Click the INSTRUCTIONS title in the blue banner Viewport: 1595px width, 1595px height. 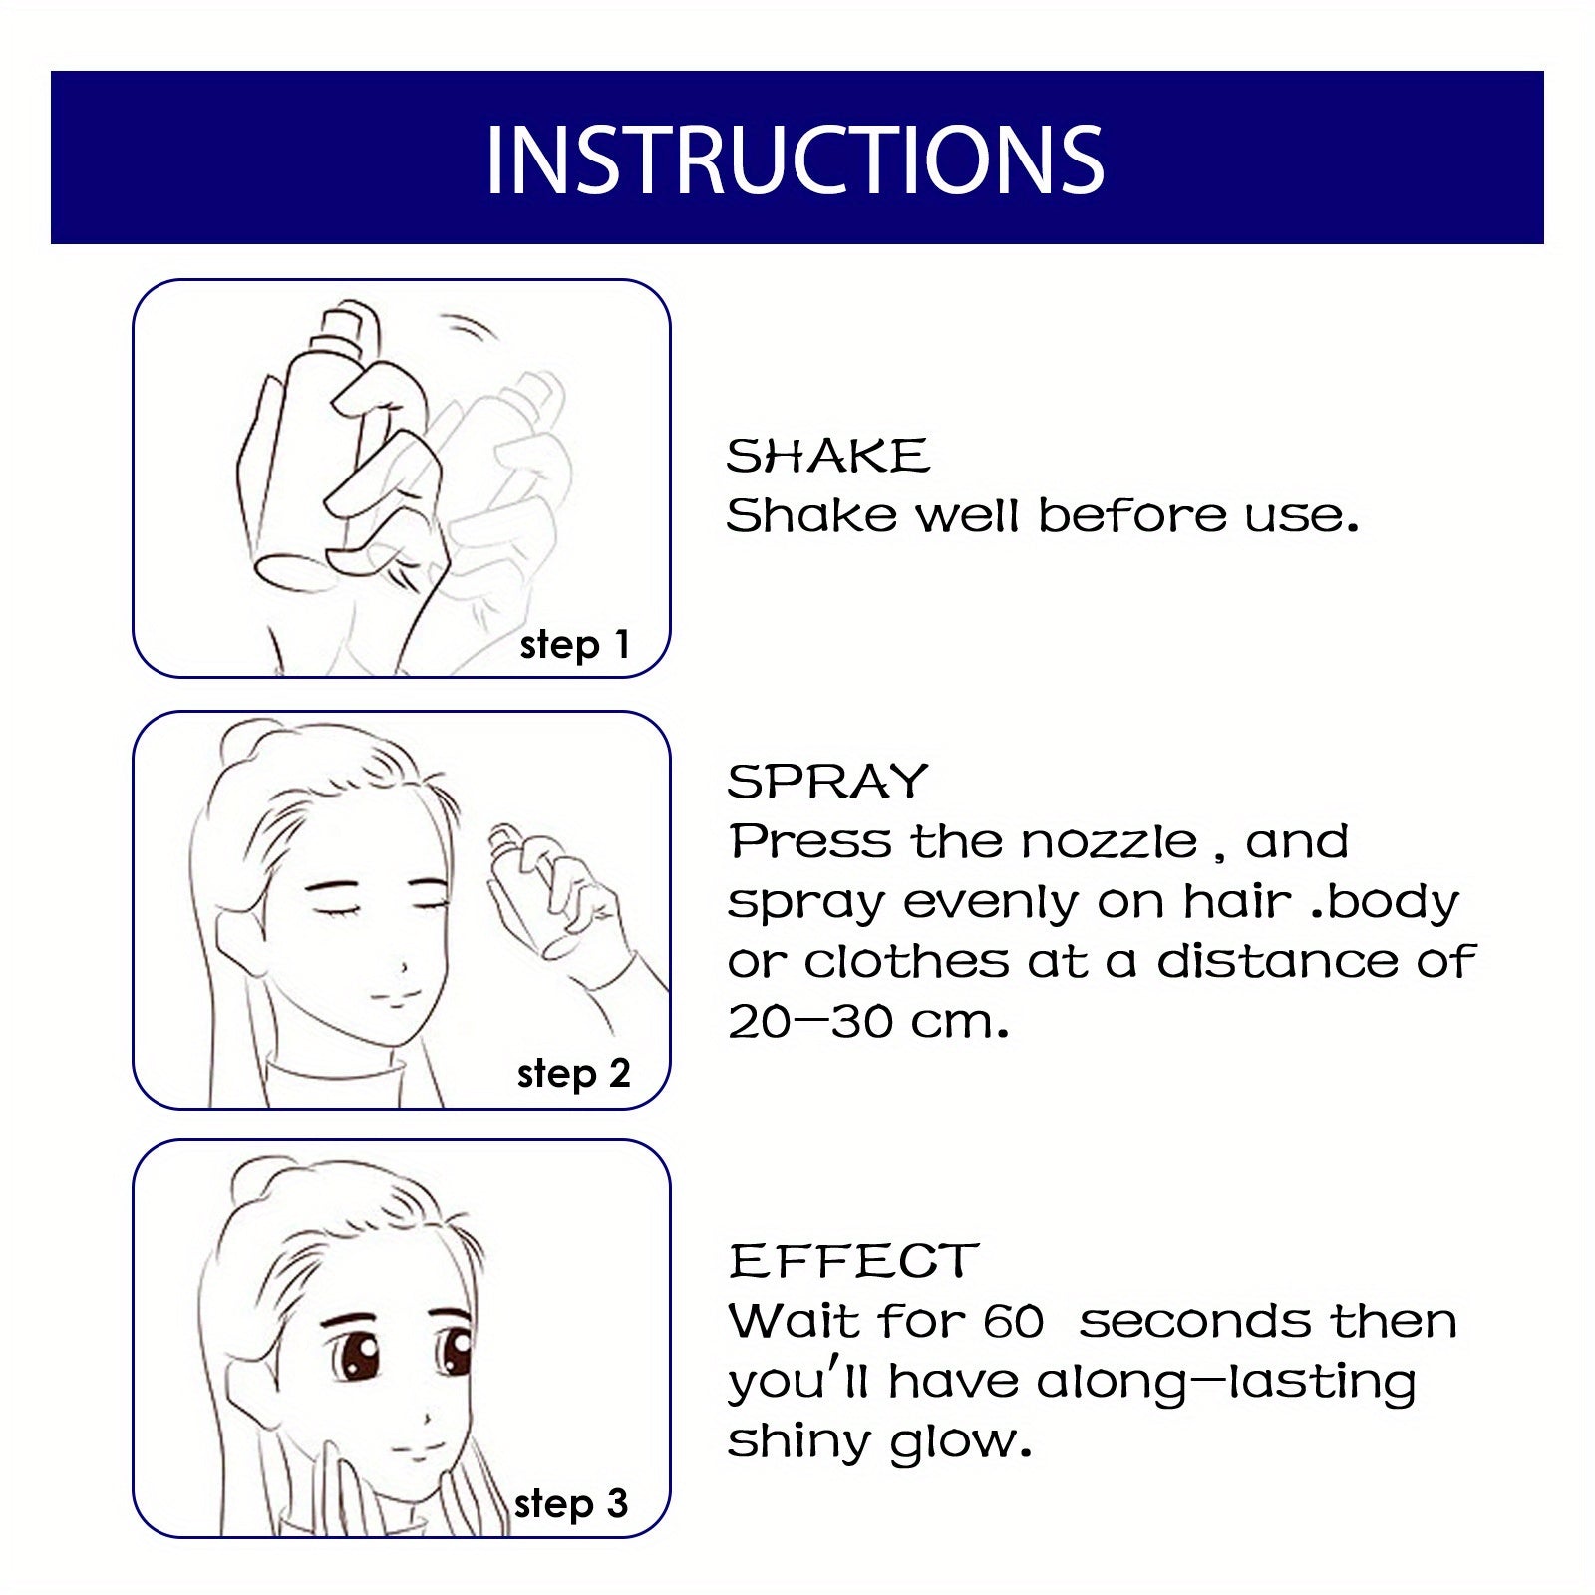(x=795, y=159)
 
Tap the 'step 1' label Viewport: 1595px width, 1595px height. (x=574, y=645)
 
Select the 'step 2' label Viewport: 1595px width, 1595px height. (x=573, y=1074)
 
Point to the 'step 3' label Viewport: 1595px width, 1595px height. (x=571, y=1503)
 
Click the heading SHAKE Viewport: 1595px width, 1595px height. (x=827, y=457)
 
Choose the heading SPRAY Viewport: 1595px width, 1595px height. (x=827, y=782)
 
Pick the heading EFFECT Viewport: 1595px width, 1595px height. (x=853, y=1261)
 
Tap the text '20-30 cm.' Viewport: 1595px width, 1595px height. (x=868, y=1022)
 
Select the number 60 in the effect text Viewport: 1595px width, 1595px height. (x=1013, y=1322)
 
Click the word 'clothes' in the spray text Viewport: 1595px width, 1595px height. (x=906, y=962)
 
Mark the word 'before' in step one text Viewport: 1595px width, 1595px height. (x=1132, y=516)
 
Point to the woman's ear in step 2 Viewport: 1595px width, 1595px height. (x=239, y=937)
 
